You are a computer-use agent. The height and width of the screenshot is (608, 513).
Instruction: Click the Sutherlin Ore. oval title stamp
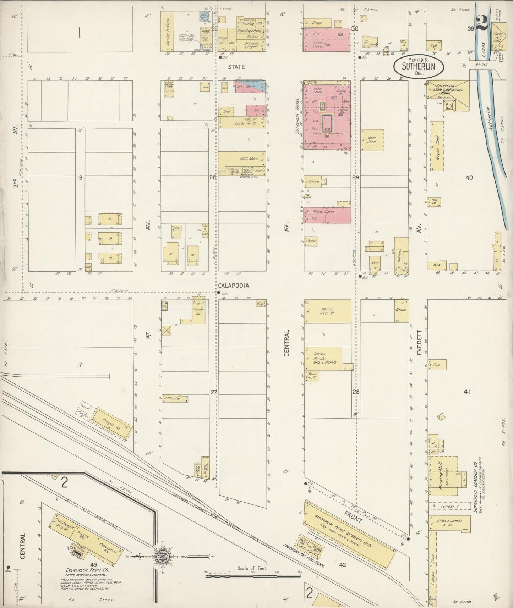point(419,66)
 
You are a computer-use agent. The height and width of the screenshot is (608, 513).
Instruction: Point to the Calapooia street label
point(233,286)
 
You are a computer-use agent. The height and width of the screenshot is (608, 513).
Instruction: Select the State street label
point(236,66)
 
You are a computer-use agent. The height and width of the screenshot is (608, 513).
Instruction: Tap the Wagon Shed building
point(437,147)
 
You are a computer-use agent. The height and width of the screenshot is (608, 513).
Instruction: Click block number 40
point(469,177)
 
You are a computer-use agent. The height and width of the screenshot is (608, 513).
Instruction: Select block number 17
point(80,364)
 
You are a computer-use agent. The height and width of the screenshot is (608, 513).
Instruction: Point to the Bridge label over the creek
point(482,65)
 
